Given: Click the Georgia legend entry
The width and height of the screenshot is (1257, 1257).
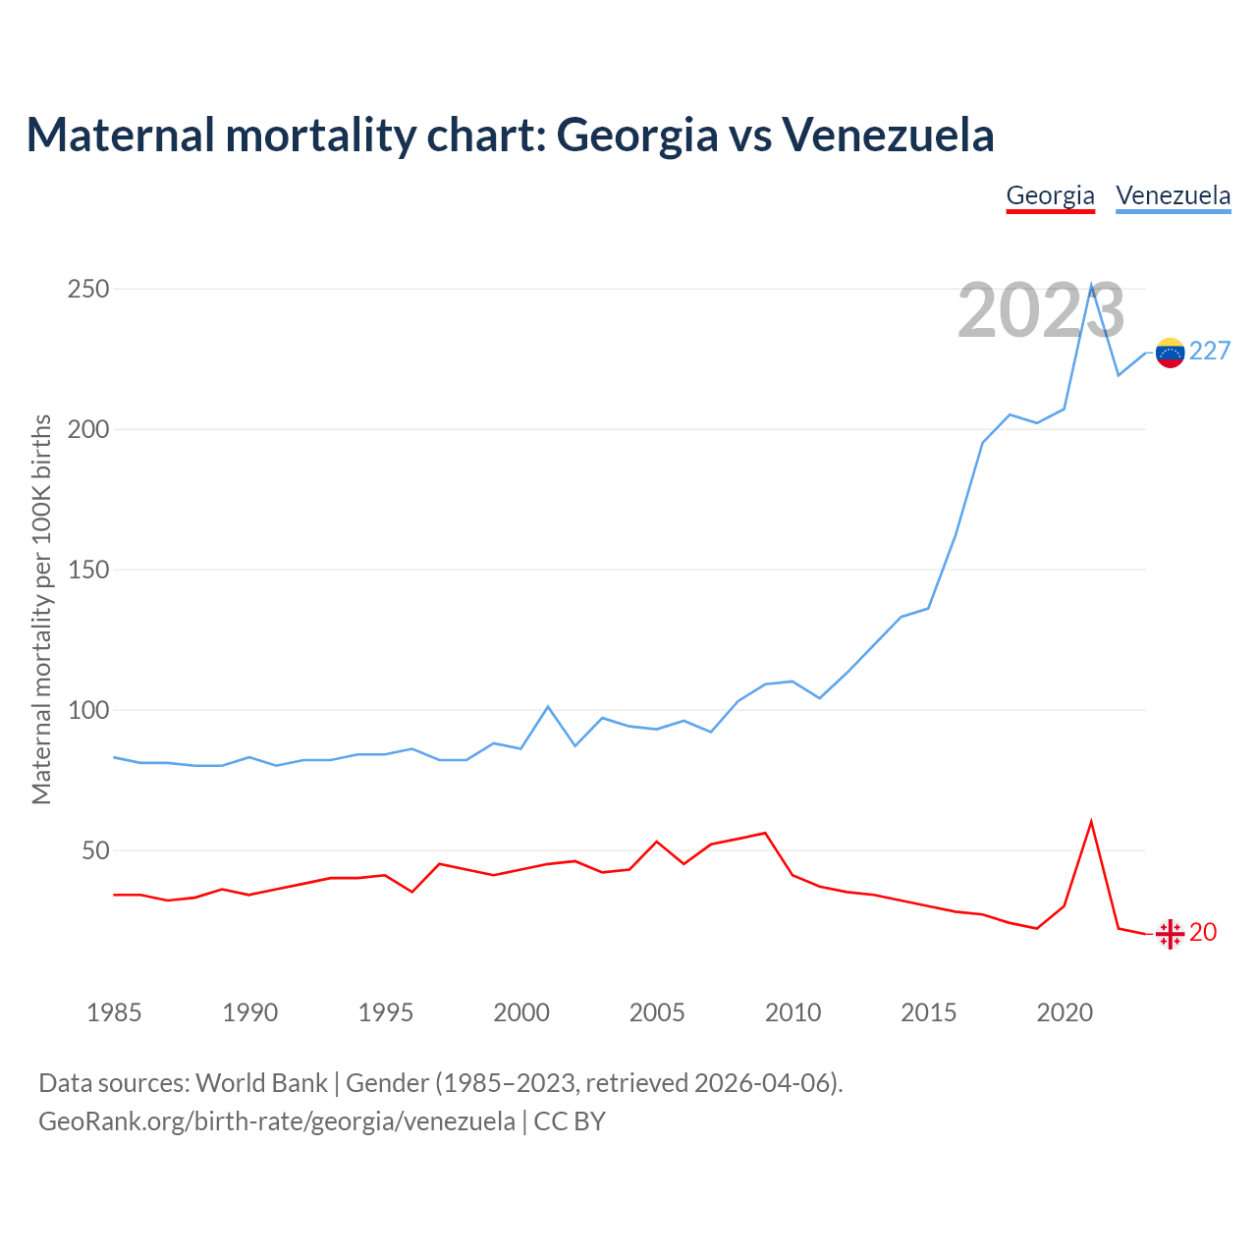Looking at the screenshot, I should [x=1050, y=195].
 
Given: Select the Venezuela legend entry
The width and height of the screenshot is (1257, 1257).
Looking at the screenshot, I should [x=1173, y=195].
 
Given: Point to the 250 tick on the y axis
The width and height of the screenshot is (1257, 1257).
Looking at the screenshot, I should [x=88, y=290].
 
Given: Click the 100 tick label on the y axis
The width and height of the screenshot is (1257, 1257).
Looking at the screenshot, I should [x=88, y=710].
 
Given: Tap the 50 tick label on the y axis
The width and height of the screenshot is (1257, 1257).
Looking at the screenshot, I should [x=95, y=850].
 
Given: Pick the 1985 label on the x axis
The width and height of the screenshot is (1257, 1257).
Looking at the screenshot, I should [x=114, y=1012].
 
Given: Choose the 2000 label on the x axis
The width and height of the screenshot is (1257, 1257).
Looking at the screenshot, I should [x=521, y=1012].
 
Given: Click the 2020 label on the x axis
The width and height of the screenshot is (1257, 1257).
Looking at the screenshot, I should [x=1065, y=1012].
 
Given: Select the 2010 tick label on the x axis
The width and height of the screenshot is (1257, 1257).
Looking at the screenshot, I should [x=792, y=1012].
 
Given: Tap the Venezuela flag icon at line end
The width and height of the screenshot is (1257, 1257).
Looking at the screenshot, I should [x=1170, y=353].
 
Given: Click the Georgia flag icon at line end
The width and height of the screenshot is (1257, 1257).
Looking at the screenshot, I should [x=1170, y=934].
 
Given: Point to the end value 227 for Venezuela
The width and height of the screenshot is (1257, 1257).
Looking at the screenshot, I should [x=1210, y=352].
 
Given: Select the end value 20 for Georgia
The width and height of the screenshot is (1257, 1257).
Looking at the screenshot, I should [x=1203, y=933].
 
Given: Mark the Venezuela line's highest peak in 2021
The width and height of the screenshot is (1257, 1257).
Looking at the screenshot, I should [x=1091, y=286].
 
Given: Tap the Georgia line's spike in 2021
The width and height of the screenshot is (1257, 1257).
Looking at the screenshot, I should [x=1091, y=822].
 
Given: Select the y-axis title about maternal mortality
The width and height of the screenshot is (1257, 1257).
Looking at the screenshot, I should [x=41, y=609].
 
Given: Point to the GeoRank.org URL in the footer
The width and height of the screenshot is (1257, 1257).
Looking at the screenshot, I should [x=277, y=1121].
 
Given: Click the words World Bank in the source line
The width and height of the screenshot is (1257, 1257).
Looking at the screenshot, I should [x=261, y=1083].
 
